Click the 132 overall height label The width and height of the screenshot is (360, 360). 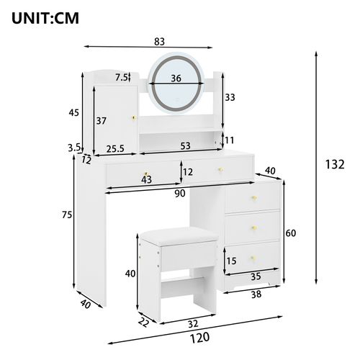[335, 164]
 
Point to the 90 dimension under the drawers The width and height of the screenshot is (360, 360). [180, 193]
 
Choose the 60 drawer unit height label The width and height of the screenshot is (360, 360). [291, 233]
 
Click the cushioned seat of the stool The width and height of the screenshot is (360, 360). [173, 232]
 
